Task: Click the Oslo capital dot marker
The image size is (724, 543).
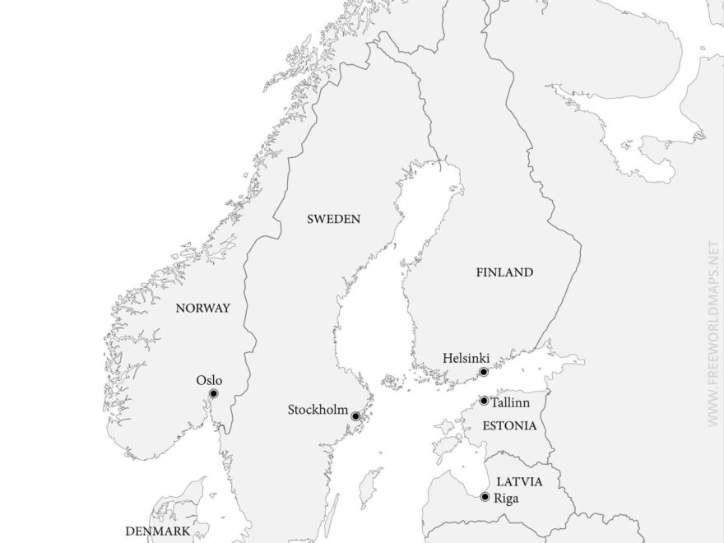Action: pyautogui.click(x=214, y=394)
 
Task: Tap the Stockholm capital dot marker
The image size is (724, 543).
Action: pyautogui.click(x=355, y=416)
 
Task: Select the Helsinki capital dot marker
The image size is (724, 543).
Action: pyautogui.click(x=484, y=372)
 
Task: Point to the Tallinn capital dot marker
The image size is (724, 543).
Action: pyautogui.click(x=484, y=401)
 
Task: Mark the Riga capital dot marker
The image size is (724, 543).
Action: pyautogui.click(x=485, y=497)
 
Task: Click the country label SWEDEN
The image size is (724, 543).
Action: pyautogui.click(x=333, y=219)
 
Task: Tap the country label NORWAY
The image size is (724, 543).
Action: pyautogui.click(x=203, y=309)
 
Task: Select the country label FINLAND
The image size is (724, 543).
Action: pyautogui.click(x=504, y=272)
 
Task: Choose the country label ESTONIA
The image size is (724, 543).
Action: pyautogui.click(x=510, y=425)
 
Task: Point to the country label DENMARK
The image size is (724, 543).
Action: pyautogui.click(x=157, y=531)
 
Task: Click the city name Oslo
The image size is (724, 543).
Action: pyautogui.click(x=209, y=380)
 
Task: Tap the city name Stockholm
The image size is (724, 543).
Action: pyautogui.click(x=317, y=410)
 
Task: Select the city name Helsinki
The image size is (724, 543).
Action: pyautogui.click(x=466, y=359)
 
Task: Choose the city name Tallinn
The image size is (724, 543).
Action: pyautogui.click(x=510, y=401)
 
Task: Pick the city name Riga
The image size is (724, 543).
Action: pyautogui.click(x=508, y=498)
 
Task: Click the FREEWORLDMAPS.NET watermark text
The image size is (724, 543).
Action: pyautogui.click(x=712, y=333)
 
